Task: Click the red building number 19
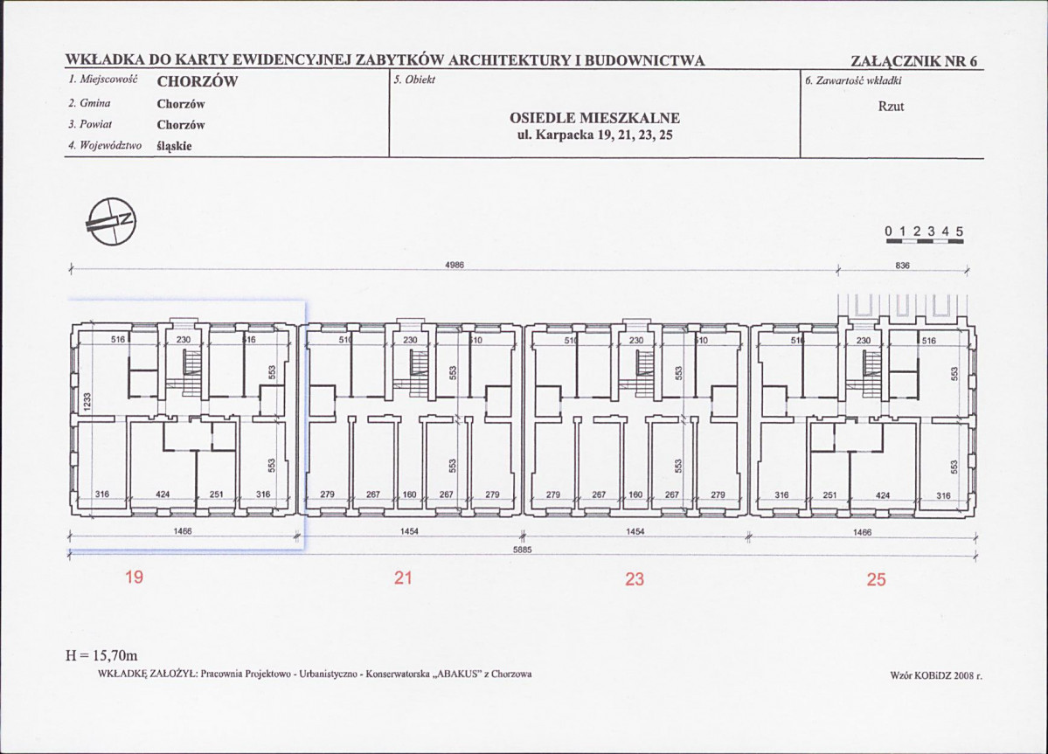(134, 578)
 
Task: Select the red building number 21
(402, 578)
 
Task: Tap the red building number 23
(635, 578)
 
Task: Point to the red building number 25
(876, 578)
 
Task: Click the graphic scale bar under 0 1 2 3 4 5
(923, 243)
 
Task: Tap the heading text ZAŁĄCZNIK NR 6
(914, 61)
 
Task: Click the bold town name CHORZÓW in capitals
(197, 83)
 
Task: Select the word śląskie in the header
(174, 146)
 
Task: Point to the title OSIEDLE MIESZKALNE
(594, 118)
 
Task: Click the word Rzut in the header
(891, 106)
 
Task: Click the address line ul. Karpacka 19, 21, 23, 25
(594, 135)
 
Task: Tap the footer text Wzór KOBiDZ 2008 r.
(931, 675)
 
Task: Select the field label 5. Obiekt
(415, 80)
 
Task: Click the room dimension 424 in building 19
(162, 495)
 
